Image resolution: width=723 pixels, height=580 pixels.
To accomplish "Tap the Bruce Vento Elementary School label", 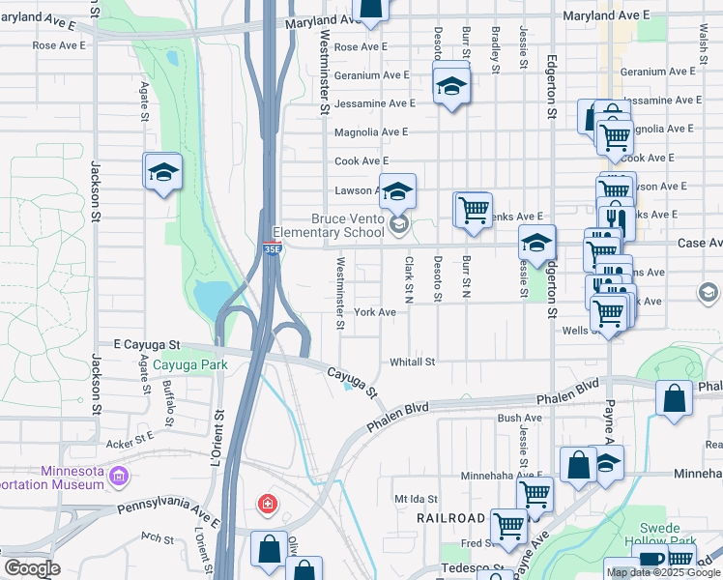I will point(328,226).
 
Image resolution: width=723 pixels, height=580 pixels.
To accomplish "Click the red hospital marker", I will point(267,504).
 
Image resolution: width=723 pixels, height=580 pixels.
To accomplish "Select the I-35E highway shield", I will point(273,248).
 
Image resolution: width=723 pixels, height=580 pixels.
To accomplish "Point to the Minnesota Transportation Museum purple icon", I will point(119,476).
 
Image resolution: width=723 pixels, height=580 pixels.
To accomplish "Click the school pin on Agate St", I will point(163,173).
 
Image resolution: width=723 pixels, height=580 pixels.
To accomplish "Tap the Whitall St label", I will point(413,362).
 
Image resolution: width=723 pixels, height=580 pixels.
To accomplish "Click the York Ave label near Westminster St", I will point(375,312).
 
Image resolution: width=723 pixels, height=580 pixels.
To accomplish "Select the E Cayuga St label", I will point(147,344).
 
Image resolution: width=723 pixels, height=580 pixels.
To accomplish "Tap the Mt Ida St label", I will point(417,499).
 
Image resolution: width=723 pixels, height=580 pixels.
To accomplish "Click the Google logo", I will point(32,568).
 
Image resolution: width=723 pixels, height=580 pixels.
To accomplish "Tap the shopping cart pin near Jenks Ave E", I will point(473,210).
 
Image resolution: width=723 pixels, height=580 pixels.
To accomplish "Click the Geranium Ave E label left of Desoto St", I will point(372,74).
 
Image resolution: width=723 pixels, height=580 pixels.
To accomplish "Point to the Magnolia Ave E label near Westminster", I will point(371,132).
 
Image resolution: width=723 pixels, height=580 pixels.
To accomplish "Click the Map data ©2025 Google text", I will point(664,572).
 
